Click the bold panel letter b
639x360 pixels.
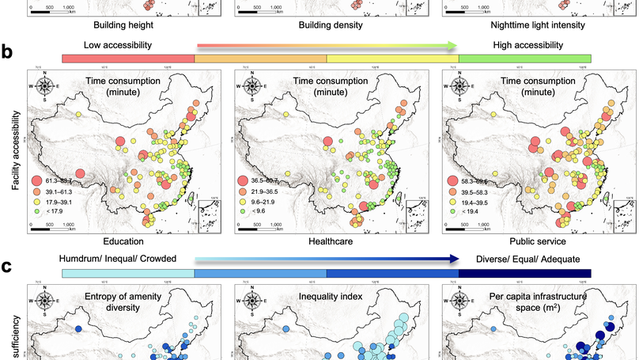pyautogui.click(x=7, y=53)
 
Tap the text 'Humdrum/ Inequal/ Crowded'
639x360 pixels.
pyautogui.click(x=116, y=258)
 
